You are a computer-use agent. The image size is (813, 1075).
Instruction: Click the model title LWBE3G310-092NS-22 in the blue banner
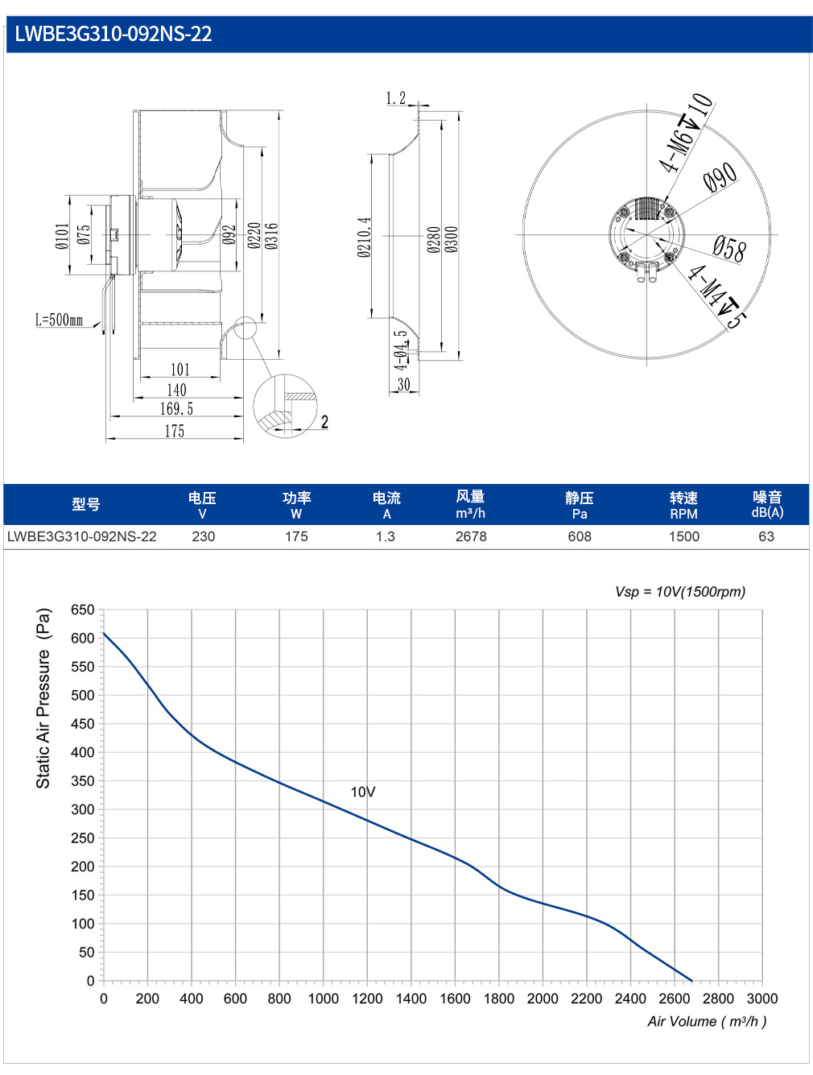[113, 34]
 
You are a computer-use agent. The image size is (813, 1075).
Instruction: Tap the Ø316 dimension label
[271, 236]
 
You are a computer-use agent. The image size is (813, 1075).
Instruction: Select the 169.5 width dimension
[177, 408]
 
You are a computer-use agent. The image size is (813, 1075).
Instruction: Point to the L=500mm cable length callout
[60, 320]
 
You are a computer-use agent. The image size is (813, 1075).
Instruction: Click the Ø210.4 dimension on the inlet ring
[364, 237]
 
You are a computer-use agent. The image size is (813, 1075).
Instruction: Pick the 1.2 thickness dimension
[396, 98]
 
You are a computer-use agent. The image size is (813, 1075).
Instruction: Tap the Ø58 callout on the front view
[729, 248]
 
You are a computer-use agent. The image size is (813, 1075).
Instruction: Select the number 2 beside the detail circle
[324, 422]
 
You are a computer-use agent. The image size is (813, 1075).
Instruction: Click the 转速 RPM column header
[683, 505]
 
